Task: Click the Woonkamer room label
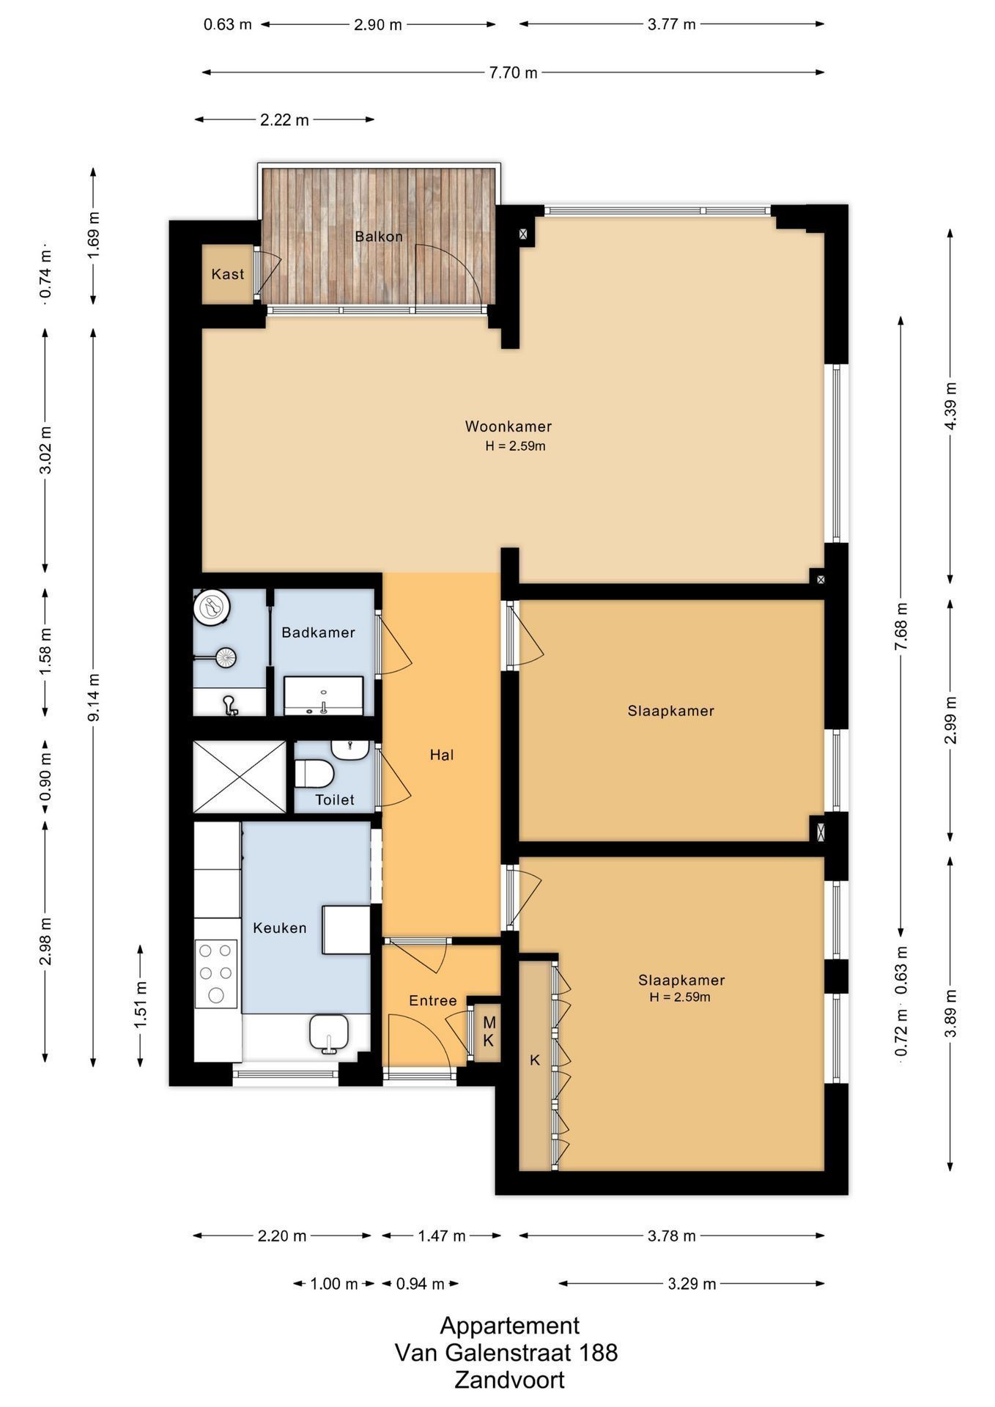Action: pyautogui.click(x=508, y=426)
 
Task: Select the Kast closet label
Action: pyautogui.click(x=227, y=274)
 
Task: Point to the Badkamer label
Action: pyautogui.click(x=318, y=632)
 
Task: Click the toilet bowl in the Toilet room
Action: pyautogui.click(x=314, y=773)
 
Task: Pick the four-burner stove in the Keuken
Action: pyautogui.click(x=216, y=974)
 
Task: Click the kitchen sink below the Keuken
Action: pyautogui.click(x=329, y=1033)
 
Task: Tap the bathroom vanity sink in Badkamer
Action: pyautogui.click(x=323, y=695)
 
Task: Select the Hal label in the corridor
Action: pyautogui.click(x=442, y=755)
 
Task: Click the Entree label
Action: pyautogui.click(x=432, y=1001)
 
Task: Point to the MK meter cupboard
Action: pyautogui.click(x=488, y=1031)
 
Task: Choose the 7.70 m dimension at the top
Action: pyautogui.click(x=513, y=73)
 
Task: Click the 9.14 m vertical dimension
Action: pyautogui.click(x=94, y=697)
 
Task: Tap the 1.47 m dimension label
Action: pyautogui.click(x=442, y=1236)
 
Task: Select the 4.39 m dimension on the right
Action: pyautogui.click(x=950, y=406)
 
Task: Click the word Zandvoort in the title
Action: pyautogui.click(x=509, y=1380)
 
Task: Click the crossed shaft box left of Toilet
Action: pyautogui.click(x=240, y=777)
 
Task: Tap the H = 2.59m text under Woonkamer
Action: pyautogui.click(x=515, y=446)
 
